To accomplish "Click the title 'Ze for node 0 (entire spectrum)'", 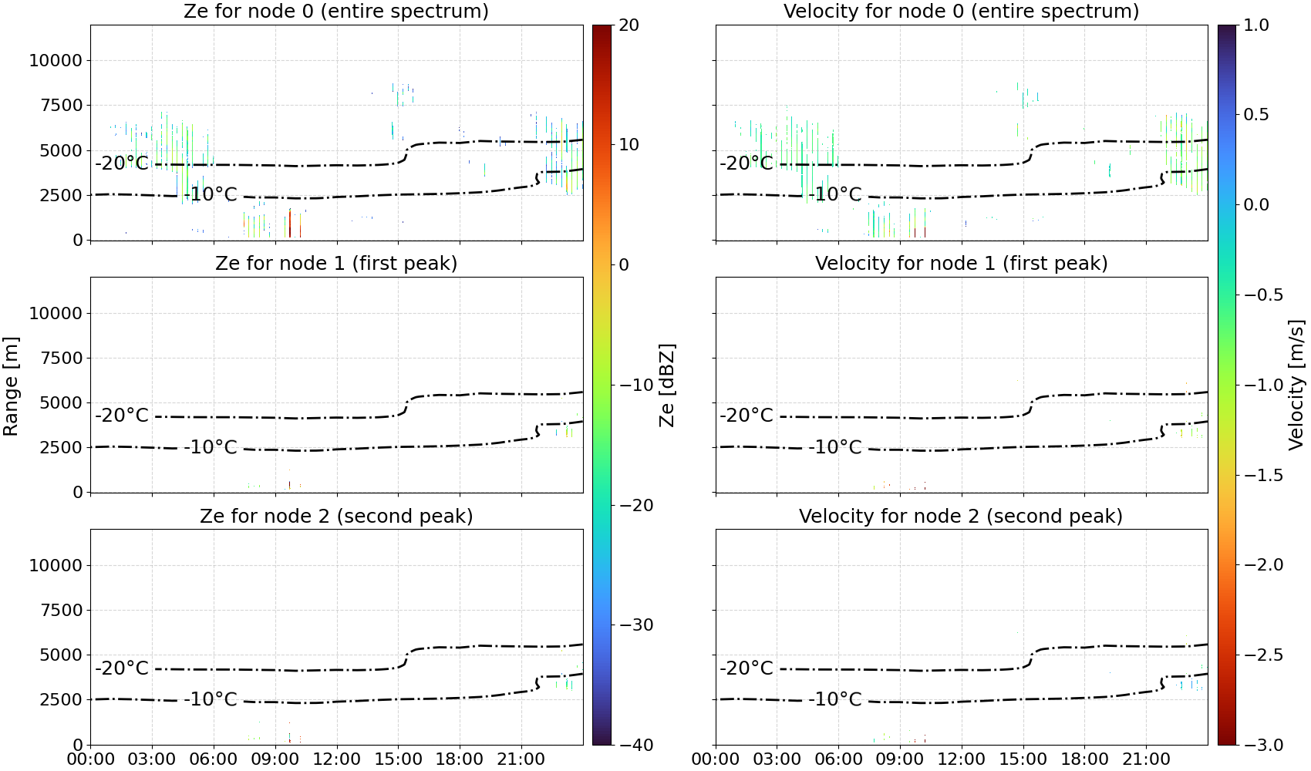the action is click(336, 11).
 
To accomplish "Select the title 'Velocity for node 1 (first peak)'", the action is click(961, 263).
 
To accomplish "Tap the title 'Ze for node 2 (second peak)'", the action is click(336, 516).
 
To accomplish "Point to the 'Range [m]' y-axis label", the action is click(11, 385).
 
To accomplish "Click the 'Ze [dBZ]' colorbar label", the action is click(666, 385).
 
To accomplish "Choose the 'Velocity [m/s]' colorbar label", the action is click(1296, 385).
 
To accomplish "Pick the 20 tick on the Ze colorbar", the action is click(629, 25).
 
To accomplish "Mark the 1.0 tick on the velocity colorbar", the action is click(1256, 25).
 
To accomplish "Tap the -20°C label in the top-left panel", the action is click(122, 163).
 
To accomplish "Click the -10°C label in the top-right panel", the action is click(835, 194).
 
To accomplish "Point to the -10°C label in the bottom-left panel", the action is click(211, 699).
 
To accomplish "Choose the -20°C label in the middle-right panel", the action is click(746, 416).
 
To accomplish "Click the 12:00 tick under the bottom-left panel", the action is click(336, 759).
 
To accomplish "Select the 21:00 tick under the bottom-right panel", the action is click(1146, 759).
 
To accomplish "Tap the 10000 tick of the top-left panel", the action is click(56, 60).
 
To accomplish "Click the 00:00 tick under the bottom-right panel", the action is click(716, 759).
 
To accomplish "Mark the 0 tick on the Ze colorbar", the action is click(624, 265).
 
